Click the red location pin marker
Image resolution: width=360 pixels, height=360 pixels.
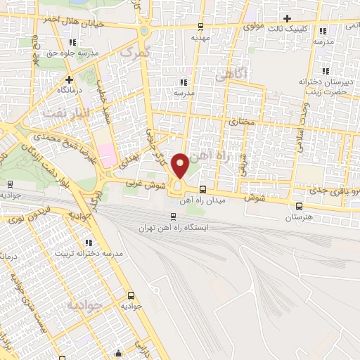(180, 165)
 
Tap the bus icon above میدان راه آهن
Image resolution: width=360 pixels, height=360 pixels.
(202, 188)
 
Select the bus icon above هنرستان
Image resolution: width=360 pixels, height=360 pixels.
(300, 206)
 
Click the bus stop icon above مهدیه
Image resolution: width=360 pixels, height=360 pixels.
(202, 28)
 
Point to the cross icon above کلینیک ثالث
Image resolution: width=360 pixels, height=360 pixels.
(287, 18)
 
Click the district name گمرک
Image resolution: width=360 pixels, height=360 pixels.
(131, 51)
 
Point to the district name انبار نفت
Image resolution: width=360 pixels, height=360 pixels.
(67, 112)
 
